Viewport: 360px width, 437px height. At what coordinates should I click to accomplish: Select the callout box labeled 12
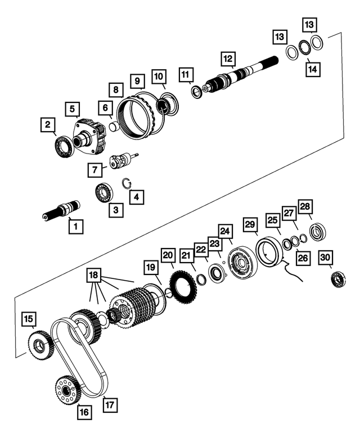pos(227,58)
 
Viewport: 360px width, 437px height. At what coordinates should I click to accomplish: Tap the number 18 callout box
pos(94,276)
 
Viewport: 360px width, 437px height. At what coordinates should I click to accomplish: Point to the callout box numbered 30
pos(326,256)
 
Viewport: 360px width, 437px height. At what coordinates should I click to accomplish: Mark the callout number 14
pos(310,69)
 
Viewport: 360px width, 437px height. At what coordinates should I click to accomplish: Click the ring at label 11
pos(196,92)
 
